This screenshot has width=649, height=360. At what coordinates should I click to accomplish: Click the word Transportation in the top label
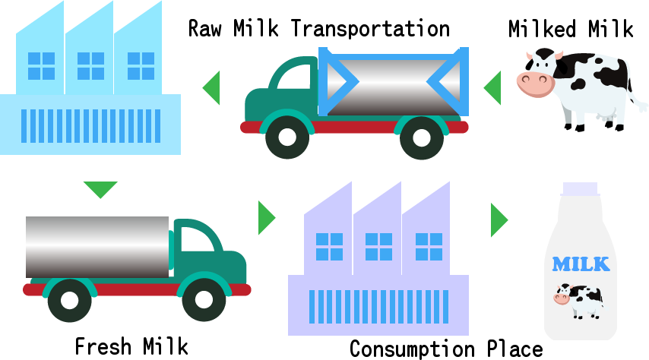(x=370, y=29)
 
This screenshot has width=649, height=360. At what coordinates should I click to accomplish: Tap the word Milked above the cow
(x=542, y=29)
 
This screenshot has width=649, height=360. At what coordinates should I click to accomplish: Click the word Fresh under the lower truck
(x=103, y=346)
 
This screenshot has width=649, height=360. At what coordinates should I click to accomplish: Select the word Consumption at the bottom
(x=412, y=349)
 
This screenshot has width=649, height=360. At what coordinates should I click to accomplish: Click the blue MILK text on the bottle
(x=581, y=264)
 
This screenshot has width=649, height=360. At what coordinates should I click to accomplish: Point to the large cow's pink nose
(x=536, y=84)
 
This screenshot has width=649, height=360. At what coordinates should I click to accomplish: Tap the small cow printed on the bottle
(x=578, y=301)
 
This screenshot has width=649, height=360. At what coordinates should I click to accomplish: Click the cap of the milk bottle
(x=581, y=188)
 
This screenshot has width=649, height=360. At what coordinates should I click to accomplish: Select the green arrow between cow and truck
(x=492, y=88)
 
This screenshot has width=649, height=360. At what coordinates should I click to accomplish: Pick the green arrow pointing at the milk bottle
(x=499, y=220)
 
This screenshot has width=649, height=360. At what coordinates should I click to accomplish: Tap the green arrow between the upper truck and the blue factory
(x=211, y=88)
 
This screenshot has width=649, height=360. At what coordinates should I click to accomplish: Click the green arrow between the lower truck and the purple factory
(x=267, y=218)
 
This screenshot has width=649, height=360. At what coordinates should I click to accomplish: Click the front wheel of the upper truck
(x=287, y=137)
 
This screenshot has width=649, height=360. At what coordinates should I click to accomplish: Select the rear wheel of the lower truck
(x=70, y=300)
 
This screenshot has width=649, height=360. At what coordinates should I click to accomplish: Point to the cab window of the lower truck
(x=197, y=239)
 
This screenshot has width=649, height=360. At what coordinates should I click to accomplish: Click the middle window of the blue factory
(x=90, y=66)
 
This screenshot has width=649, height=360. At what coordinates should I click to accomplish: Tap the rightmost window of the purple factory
(x=429, y=247)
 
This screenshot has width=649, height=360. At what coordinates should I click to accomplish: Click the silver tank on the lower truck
(x=97, y=247)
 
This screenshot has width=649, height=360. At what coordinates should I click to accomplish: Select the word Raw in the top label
(x=205, y=29)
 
